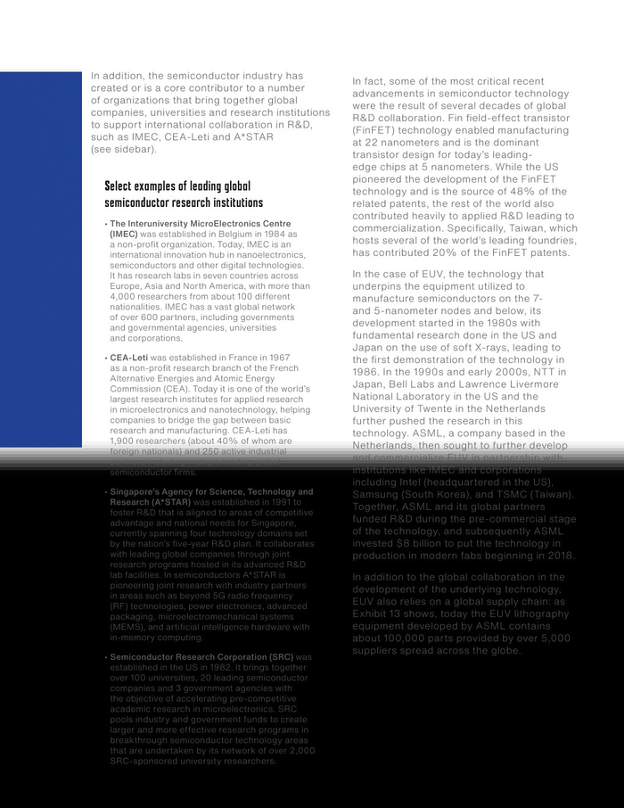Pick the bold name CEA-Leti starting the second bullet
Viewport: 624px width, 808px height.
(129, 358)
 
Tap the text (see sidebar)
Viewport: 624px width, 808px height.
(124, 149)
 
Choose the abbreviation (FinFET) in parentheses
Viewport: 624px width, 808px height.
(374, 130)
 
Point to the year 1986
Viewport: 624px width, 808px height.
(367, 368)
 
